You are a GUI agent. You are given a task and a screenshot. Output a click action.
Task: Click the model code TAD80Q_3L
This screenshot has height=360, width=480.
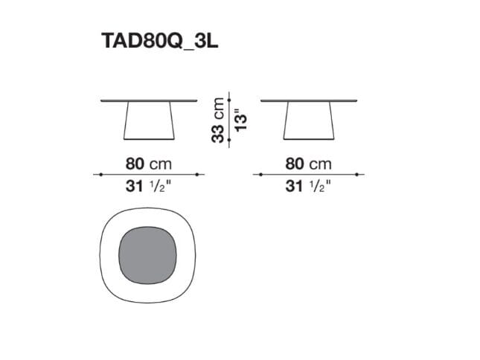(x=159, y=41)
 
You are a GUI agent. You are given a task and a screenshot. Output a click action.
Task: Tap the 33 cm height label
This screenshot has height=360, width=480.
(x=217, y=120)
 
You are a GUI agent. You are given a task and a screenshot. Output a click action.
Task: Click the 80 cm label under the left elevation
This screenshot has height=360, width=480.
(x=149, y=164)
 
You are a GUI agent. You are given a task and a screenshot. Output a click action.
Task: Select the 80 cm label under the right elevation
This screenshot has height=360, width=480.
(x=308, y=164)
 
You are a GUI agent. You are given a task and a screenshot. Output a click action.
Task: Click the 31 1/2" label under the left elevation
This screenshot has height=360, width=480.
(x=149, y=186)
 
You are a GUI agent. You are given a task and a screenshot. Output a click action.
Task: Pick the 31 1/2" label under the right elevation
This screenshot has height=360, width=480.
(x=308, y=186)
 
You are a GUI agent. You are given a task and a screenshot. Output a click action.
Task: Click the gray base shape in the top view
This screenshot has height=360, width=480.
(x=147, y=255)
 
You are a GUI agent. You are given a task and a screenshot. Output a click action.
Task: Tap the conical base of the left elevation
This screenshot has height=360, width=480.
(x=149, y=120)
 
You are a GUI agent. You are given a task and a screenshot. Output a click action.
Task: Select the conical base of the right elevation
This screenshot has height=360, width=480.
(x=309, y=120)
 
